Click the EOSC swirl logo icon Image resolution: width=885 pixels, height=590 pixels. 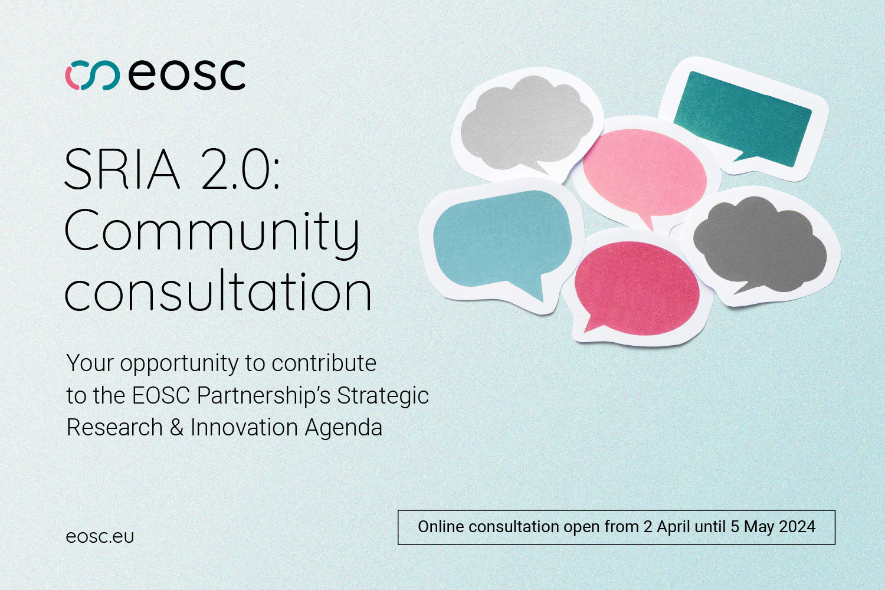point(93,75)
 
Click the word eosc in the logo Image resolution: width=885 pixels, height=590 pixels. point(186,75)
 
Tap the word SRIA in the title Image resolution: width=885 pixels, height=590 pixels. point(122,169)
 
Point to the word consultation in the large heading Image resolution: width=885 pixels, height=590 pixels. point(218,290)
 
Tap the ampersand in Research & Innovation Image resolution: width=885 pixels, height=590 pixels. point(176,428)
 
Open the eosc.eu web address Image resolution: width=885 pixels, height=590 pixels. point(100,537)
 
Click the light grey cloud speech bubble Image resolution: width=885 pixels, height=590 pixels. point(527,124)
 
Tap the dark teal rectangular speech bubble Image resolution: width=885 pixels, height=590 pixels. point(743,117)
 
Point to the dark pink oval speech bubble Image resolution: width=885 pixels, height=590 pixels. point(637,288)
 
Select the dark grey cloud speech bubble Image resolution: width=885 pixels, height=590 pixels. point(760,245)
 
